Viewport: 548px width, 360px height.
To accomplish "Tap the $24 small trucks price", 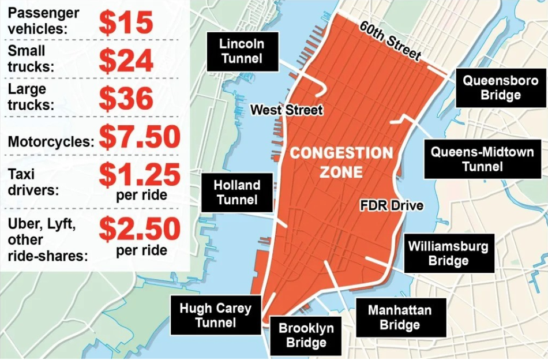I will pos(126,59).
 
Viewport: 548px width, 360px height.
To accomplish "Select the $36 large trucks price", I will pos(126,98).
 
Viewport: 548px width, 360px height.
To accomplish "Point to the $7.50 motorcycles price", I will pos(140,137).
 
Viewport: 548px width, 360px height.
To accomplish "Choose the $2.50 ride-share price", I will pos(140,228).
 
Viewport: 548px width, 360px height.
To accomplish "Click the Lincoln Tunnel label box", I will pos(242,51).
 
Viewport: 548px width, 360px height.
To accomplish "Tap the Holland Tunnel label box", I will pos(237,193).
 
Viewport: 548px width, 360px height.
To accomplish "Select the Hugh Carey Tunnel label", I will pos(215,315).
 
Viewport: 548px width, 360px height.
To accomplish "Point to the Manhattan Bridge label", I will pos(400,317).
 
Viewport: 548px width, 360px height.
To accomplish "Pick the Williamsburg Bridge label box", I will pos(448,253).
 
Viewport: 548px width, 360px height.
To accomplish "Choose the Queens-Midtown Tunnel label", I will pos(467,159).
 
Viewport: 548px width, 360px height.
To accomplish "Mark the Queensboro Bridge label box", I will pos(492,88).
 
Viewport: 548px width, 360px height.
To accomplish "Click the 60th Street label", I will pos(389,40).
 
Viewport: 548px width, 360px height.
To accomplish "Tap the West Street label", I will pos(286,110).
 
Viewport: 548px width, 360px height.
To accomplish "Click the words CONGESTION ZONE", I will pos(341,162).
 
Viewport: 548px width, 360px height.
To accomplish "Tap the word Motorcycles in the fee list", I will pos(51,141).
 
